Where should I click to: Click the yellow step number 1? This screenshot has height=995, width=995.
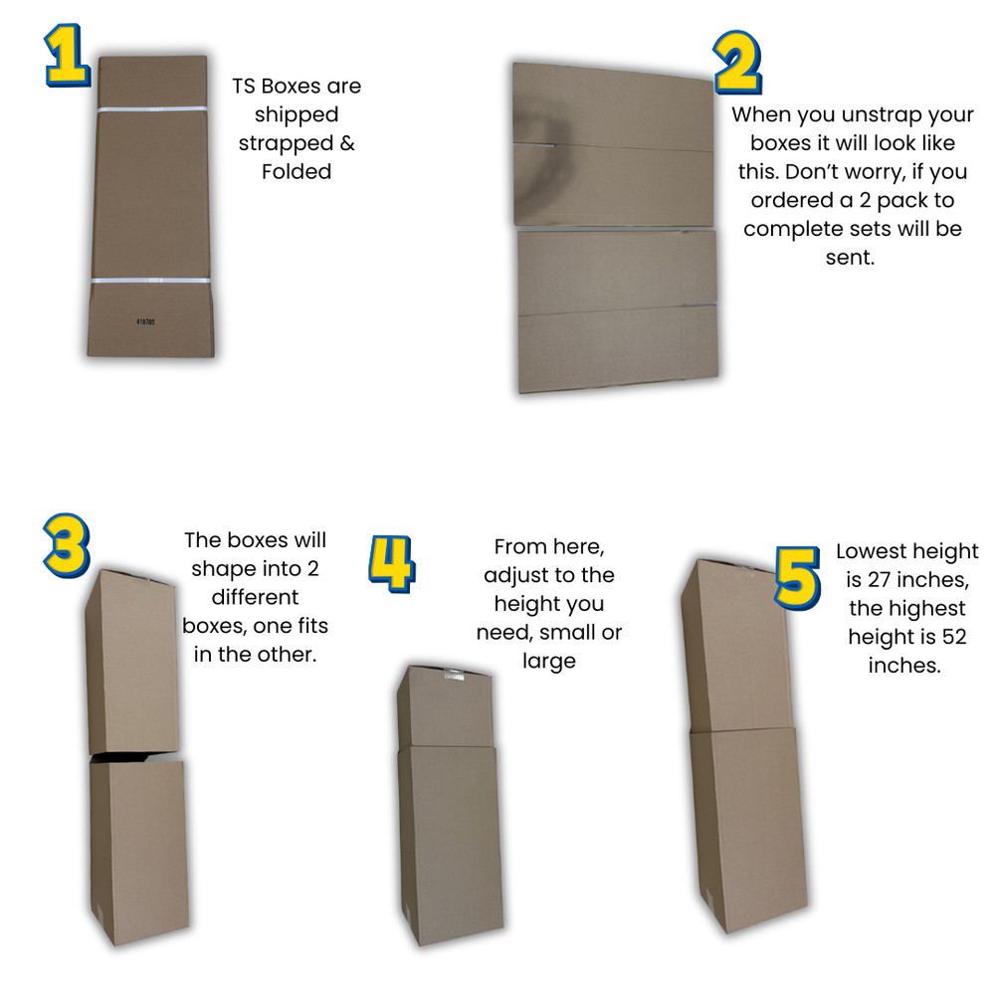coord(65,56)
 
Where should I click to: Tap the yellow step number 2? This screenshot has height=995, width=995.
coord(737,63)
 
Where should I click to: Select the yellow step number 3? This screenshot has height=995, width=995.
coord(65,544)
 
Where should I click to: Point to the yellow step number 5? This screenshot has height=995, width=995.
coord(797,576)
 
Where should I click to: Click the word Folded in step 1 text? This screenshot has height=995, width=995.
coord(297,171)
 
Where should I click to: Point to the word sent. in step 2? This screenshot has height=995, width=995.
coord(853,258)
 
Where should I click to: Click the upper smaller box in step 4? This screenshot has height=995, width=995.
coord(446,706)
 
